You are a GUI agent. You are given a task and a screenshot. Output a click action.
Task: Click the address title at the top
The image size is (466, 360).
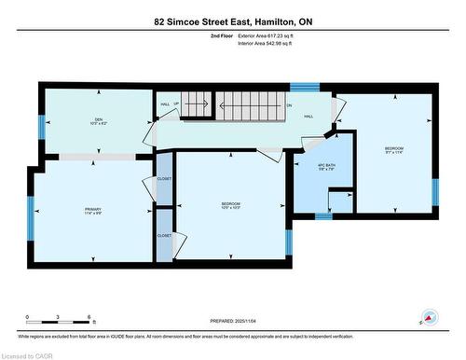233,21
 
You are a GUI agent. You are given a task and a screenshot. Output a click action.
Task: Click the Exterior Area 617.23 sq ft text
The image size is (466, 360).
271,35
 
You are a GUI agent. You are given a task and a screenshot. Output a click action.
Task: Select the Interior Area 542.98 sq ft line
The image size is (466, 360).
271,44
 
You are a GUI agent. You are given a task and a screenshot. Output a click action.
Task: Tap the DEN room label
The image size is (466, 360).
97,119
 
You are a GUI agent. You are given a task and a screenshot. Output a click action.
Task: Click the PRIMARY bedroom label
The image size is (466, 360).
91,211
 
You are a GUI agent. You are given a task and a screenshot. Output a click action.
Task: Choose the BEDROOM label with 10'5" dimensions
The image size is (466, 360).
230,205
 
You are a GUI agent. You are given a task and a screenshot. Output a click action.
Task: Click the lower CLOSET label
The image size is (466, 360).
164,236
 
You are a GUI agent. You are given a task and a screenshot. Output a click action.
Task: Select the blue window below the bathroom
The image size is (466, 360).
322,216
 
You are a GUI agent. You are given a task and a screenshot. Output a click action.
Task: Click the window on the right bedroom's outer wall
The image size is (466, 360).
434,190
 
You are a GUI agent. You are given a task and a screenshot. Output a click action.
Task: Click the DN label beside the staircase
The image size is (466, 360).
289,105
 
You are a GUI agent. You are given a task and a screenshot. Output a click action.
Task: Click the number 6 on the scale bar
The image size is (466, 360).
89,317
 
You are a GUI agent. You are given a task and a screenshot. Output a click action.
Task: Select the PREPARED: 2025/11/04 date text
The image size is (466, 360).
233,323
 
